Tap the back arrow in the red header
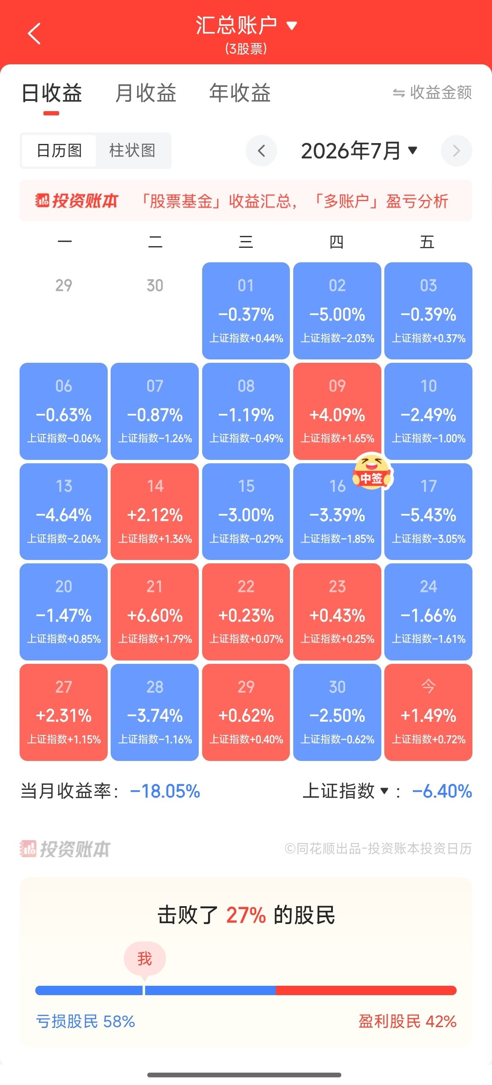(34, 33)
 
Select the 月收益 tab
(146, 93)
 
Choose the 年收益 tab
(240, 93)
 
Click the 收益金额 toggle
(432, 92)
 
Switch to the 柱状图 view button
(132, 150)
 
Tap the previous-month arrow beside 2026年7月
(261, 150)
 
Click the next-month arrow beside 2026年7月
(456, 151)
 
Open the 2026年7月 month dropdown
(359, 151)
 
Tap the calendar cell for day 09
(337, 411)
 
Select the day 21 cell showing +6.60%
(154, 611)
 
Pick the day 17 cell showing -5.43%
(428, 511)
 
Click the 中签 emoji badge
(372, 471)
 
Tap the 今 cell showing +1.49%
(428, 712)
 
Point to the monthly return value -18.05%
(165, 791)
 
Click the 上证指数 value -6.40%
(442, 791)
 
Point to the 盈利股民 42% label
(407, 1021)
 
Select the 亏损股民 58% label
(85, 1021)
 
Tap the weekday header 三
(246, 242)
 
